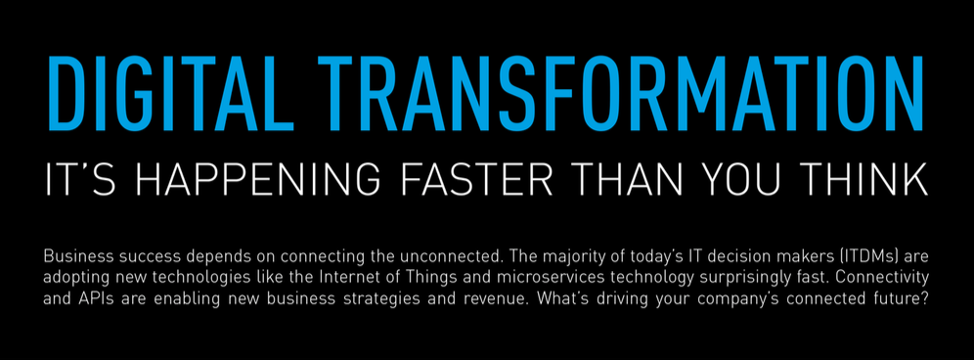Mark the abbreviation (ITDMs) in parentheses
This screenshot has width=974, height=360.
[831, 257]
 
